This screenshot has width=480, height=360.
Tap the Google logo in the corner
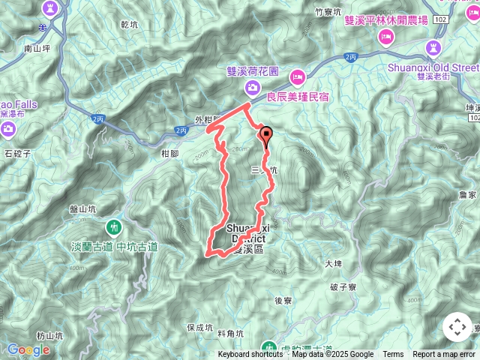tap(28, 349)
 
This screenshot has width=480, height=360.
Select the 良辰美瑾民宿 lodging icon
tap(298, 76)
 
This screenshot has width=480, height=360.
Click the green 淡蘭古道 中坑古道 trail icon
tap(114, 226)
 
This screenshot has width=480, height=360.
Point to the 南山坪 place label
tap(36, 49)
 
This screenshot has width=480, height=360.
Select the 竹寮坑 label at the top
tap(328, 12)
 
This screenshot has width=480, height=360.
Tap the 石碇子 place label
tap(16, 154)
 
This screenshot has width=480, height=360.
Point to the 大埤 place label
tap(333, 264)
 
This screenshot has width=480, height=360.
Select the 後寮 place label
tap(283, 300)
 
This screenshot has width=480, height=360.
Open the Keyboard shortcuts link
tap(250, 355)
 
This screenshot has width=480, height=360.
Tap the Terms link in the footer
tap(393, 355)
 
